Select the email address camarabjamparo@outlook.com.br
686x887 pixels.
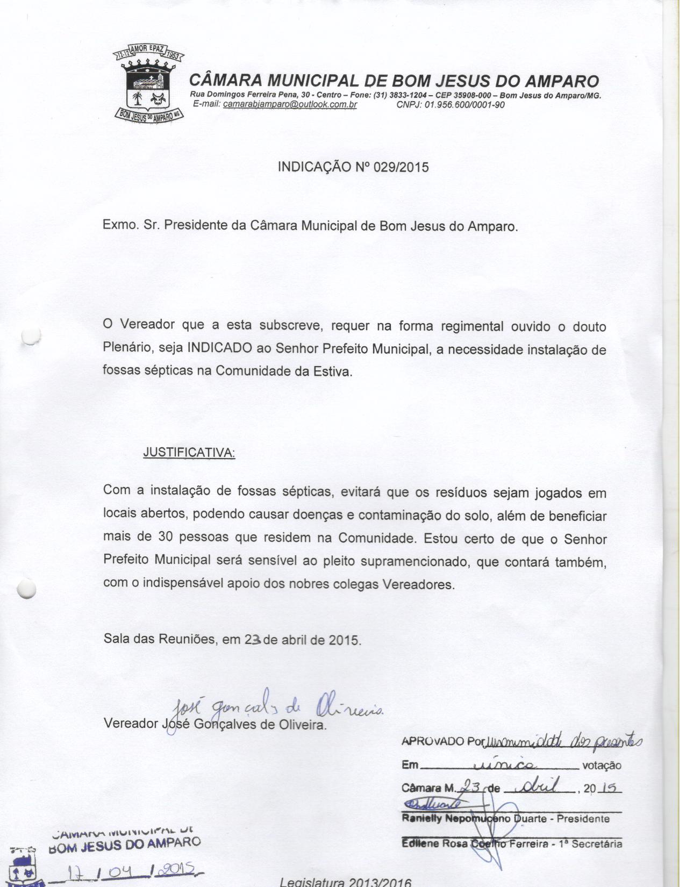290,104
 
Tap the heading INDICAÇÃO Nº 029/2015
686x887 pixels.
353,167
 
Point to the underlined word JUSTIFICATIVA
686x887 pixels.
189,453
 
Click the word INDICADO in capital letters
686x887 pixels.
219,348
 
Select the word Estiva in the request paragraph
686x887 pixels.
335,371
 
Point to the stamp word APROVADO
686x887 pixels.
433,741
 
